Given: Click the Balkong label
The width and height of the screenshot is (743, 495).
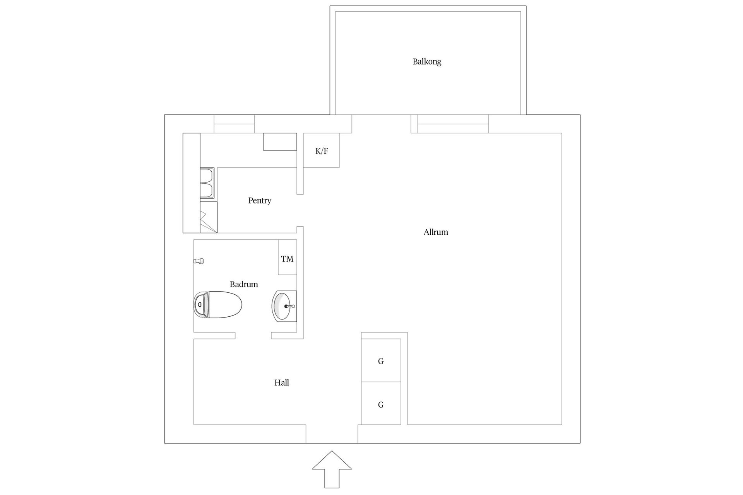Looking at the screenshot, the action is [x=427, y=61].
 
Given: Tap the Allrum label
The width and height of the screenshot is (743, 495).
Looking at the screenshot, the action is [x=436, y=232].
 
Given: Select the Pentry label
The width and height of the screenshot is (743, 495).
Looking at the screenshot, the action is [x=260, y=200].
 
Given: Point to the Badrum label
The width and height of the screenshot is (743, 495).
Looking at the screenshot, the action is [x=244, y=284].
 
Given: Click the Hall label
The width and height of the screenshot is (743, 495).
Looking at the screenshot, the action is [x=282, y=382].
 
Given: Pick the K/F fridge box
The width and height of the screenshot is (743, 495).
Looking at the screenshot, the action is [x=321, y=150].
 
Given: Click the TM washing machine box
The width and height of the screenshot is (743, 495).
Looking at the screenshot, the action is [x=288, y=257].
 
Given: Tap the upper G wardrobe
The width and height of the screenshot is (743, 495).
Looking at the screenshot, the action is [x=381, y=360].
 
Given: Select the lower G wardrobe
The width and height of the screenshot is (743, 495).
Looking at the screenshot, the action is [x=381, y=403].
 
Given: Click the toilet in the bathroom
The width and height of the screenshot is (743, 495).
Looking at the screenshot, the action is [x=218, y=305].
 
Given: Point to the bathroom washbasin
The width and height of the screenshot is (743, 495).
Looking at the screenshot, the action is [x=284, y=306].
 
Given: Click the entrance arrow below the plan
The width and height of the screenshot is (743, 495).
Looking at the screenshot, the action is [x=332, y=469].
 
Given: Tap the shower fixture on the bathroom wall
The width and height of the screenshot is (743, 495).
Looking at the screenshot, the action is [x=199, y=261].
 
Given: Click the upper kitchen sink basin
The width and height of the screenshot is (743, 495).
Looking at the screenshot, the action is [x=207, y=176].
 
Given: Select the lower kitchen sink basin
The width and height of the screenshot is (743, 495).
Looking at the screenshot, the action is [x=207, y=191].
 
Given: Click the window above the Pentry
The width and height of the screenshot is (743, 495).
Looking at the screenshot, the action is [x=234, y=124].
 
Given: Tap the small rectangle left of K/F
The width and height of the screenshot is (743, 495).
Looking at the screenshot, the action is [x=280, y=142].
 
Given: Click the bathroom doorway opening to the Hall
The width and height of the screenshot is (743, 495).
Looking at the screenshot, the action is [x=253, y=336].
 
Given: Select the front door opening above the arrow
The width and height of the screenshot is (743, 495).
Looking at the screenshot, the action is [x=332, y=434].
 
